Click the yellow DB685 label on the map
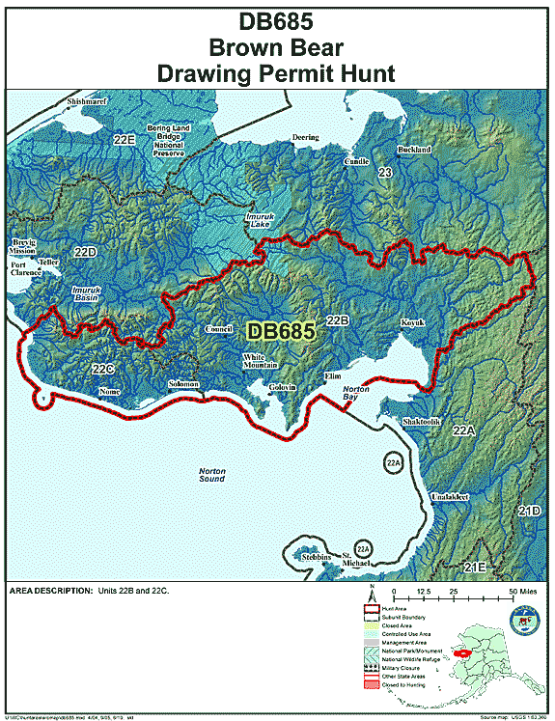tap(281, 331)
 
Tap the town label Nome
tap(109, 393)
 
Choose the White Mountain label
tap(260, 361)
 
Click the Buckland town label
tap(413, 151)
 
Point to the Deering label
tap(305, 138)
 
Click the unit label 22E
tap(123, 140)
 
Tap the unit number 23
tap(385, 172)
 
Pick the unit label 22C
tap(103, 369)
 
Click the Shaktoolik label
tap(422, 421)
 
